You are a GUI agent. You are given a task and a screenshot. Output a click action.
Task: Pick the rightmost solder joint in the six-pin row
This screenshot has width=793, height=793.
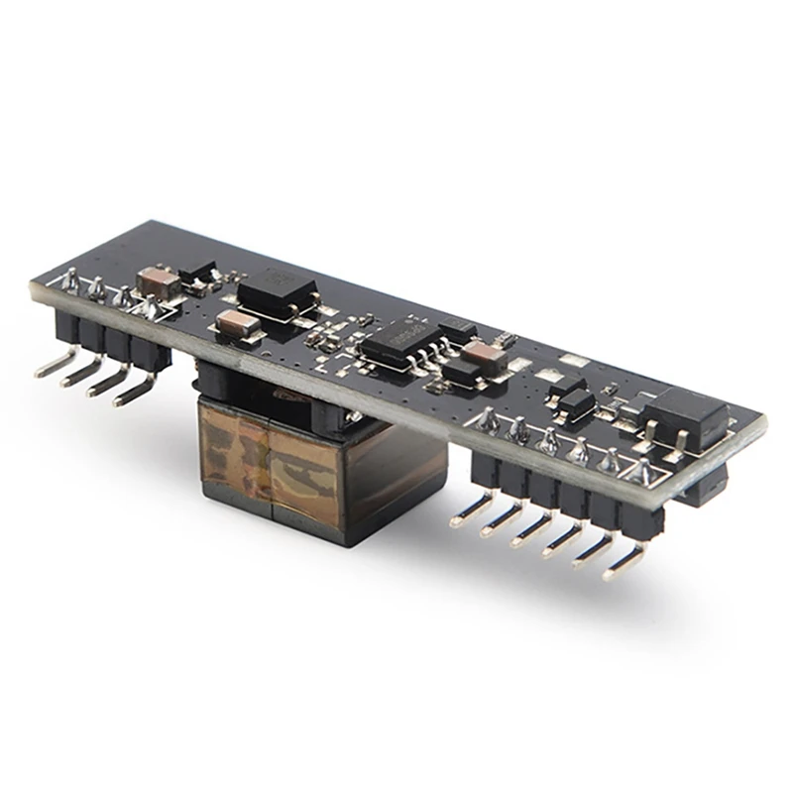tap(642, 469)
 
